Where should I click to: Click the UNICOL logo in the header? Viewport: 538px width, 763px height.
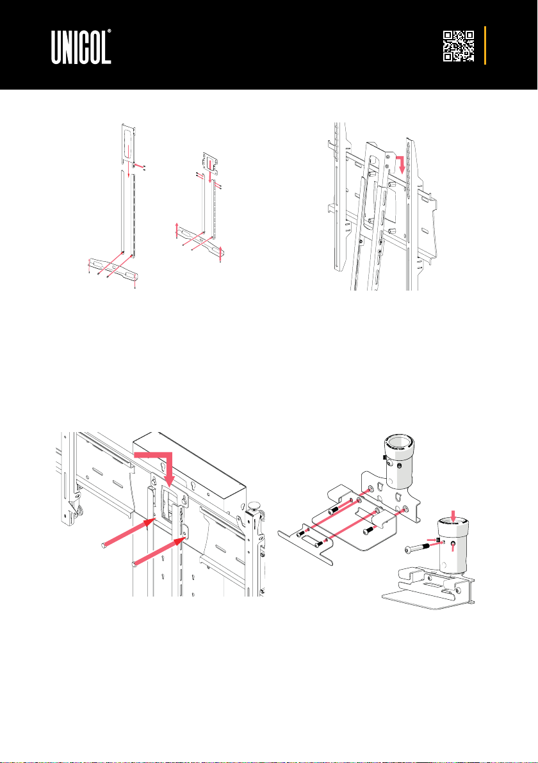coord(81,47)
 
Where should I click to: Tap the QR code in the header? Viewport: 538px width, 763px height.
coord(459,46)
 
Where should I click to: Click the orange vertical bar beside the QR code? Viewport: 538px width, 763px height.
coord(485,45)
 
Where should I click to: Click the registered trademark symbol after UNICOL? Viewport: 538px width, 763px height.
coord(109,31)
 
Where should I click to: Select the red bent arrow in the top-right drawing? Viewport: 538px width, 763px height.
coord(399,165)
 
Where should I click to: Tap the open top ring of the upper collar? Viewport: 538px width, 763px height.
coord(399,444)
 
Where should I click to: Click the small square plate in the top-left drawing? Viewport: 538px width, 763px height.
coord(210,160)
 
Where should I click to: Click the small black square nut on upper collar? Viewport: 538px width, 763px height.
coord(385,457)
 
